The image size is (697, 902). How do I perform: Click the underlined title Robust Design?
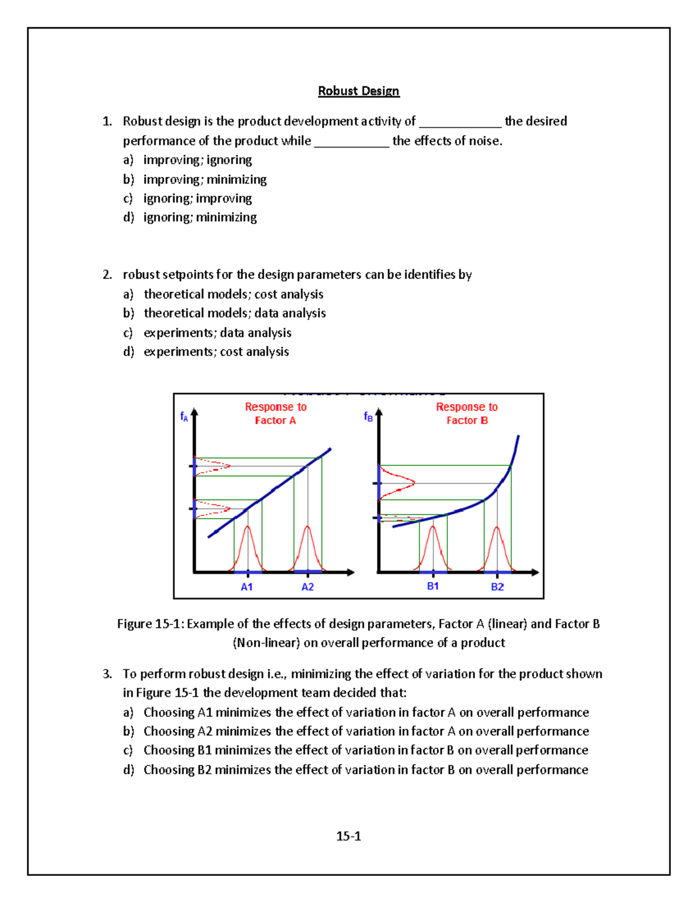point(358,91)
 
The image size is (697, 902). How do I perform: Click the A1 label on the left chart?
point(247,587)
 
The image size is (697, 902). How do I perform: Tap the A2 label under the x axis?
point(307,587)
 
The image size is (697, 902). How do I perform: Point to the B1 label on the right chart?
point(433,587)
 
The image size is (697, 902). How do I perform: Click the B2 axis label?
point(497,587)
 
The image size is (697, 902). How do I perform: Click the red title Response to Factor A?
point(275,414)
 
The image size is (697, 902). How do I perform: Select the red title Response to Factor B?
point(467,414)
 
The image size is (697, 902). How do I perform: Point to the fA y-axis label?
point(184,416)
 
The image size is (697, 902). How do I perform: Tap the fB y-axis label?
point(368,416)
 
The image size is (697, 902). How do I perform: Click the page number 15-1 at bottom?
point(348,836)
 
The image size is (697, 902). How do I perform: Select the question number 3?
point(107,674)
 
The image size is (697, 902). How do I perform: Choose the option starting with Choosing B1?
point(365,750)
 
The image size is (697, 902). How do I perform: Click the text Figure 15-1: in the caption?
point(150,624)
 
